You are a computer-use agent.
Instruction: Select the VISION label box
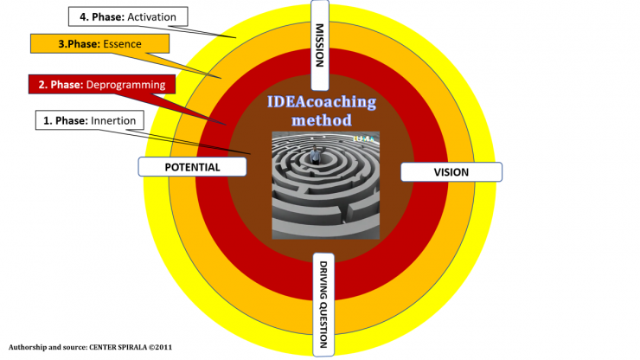point(451,172)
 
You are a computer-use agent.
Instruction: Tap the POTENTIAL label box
point(192,166)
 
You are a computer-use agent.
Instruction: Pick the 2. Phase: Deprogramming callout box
point(101,86)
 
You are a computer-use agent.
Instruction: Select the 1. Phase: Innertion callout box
point(90,120)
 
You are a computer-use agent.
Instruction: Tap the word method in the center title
point(321,120)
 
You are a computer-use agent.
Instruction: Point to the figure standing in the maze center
point(316,157)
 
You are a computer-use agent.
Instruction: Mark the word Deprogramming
point(128,86)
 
